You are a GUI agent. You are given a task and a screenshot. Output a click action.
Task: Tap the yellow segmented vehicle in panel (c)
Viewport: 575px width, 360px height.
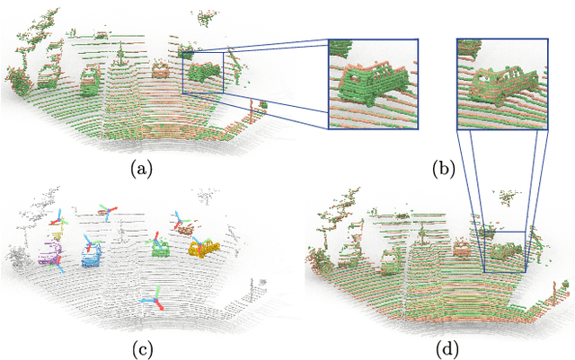click(x=205, y=247)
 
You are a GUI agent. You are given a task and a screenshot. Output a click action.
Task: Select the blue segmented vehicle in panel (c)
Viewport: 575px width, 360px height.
click(x=93, y=257)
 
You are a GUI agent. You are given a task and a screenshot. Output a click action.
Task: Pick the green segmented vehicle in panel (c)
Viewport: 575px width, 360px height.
click(x=162, y=249)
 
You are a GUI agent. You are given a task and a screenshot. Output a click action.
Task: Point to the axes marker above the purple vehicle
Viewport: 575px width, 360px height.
click(x=60, y=218)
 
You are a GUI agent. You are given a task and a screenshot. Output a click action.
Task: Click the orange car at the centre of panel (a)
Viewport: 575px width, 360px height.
click(x=161, y=69)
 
